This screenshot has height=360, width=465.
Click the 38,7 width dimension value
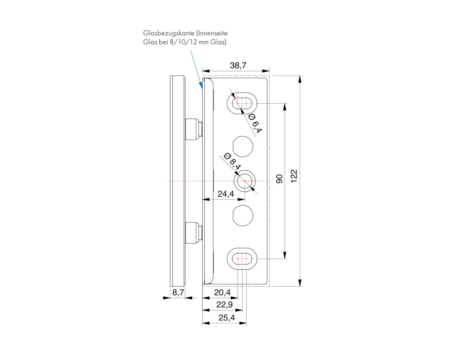(238, 65)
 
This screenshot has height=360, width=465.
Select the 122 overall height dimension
(294, 176)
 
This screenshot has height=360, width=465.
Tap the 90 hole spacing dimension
(279, 179)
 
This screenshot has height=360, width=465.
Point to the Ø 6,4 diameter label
(255, 123)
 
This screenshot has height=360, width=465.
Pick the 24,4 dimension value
(226, 194)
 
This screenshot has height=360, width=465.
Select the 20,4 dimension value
(222, 292)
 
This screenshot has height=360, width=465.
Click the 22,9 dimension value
(224, 304)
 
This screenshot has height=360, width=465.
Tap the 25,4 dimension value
(227, 318)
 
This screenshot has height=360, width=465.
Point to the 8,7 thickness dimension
(178, 292)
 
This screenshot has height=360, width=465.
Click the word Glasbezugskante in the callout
(169, 33)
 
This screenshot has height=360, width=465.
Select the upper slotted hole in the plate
(242, 104)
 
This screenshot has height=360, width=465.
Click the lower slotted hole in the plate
(242, 258)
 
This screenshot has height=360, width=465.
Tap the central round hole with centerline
(245, 181)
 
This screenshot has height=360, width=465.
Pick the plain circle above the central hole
(243, 146)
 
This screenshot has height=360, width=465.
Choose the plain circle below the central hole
(243, 216)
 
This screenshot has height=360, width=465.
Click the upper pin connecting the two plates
(193, 129)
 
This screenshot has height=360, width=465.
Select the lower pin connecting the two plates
(193, 233)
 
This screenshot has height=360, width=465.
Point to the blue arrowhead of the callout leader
(201, 85)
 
